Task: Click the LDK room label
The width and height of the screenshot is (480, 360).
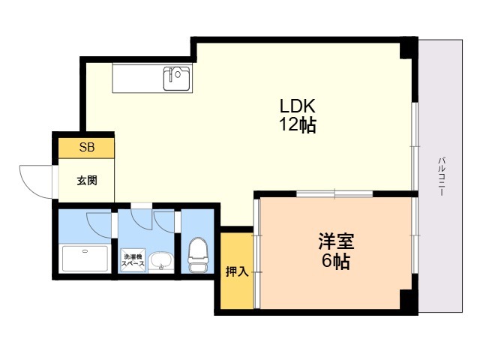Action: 297,106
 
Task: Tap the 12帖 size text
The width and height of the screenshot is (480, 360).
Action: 297,124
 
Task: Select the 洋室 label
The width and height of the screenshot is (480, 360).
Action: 336,241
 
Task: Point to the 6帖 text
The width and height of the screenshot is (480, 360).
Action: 336,261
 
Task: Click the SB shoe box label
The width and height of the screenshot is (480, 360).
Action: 87,148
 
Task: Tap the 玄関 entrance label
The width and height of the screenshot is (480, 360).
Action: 87,180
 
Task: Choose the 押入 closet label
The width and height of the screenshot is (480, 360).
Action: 237,271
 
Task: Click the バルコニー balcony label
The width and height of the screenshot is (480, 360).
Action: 442,177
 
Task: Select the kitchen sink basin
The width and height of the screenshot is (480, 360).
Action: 176,78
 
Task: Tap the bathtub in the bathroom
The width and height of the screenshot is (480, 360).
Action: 85,259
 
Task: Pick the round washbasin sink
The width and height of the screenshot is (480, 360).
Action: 160,262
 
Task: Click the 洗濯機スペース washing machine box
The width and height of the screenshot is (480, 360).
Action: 133,260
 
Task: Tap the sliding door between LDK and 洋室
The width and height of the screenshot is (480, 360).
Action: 334,193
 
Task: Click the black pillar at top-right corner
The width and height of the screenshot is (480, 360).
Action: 409,48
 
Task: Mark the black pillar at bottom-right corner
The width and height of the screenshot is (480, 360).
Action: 409,299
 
